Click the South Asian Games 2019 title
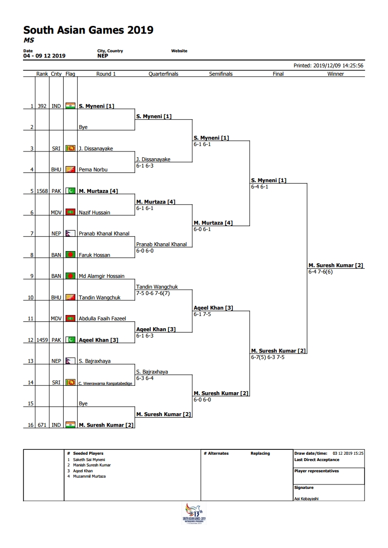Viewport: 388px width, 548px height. point(88,30)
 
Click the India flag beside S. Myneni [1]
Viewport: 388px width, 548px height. point(70,105)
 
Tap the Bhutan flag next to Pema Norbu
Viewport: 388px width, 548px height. point(70,169)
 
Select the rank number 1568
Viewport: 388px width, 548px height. point(42,191)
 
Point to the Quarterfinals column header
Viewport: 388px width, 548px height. point(163,74)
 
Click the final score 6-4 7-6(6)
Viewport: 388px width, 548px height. point(320,272)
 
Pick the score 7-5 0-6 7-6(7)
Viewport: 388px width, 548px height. point(153,293)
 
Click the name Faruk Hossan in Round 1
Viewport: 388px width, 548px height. point(94,255)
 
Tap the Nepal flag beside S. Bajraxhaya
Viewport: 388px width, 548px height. point(70,360)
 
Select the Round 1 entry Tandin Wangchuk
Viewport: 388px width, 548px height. point(99,297)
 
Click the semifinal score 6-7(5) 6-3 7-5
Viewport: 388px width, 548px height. point(268,357)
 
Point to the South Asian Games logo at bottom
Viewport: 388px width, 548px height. point(194,513)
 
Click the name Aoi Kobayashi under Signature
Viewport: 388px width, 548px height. point(306,499)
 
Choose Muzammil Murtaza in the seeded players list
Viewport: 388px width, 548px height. point(90,476)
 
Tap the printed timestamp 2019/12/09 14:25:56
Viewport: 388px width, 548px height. point(338,65)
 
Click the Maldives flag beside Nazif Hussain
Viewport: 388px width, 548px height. point(70,212)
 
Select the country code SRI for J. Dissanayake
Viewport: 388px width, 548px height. point(56,148)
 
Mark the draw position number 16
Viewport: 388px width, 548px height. point(30,425)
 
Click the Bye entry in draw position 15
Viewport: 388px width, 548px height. point(83,403)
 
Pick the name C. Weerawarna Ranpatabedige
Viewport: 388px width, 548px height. point(105,383)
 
